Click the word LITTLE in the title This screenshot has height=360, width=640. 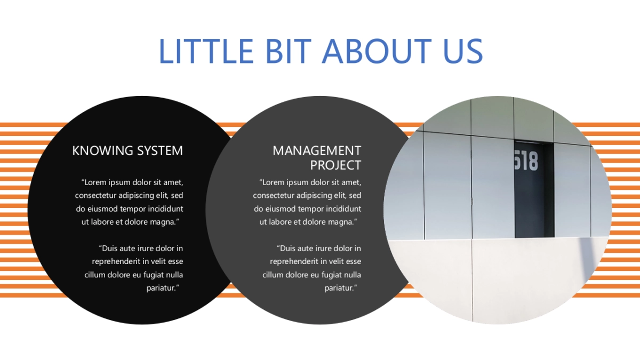tap(205, 51)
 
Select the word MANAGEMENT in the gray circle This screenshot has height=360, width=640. tap(317, 150)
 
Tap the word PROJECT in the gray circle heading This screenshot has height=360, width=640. tap(335, 165)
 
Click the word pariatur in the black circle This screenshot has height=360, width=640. tap(161, 288)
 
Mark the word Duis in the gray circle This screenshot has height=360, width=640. tap(289, 248)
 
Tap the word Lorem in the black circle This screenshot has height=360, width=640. tap(97, 182)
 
